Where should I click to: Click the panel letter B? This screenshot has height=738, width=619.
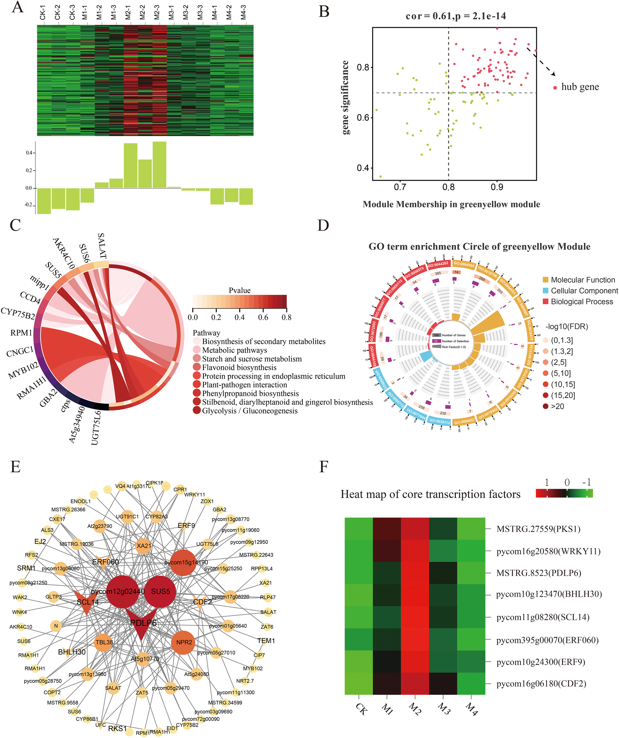click(323, 12)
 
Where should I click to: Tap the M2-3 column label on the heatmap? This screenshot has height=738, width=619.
click(157, 12)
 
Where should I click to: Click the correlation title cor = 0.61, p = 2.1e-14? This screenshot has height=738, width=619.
click(456, 16)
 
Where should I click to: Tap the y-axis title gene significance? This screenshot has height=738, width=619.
click(346, 97)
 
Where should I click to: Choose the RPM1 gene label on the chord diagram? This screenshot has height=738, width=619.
click(21, 332)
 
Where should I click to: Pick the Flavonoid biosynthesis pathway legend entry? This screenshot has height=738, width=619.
click(239, 368)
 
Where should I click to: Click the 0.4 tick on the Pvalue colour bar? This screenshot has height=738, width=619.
click(240, 317)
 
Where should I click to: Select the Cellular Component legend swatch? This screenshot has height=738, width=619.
click(545, 291)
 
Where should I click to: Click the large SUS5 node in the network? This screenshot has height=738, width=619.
click(160, 592)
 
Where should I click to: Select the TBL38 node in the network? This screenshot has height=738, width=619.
click(104, 642)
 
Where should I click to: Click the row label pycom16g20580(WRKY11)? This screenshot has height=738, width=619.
click(548, 551)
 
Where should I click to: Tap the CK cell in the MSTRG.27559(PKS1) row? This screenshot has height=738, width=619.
click(359, 529)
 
